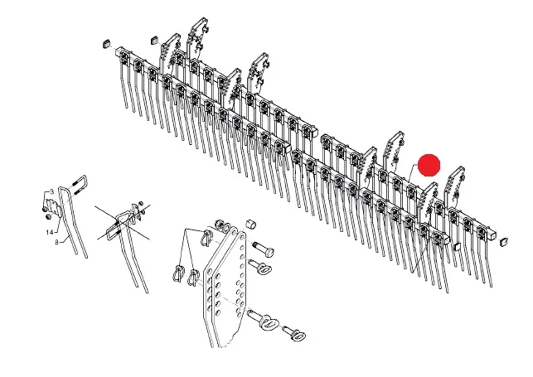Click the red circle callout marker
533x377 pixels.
[429, 165]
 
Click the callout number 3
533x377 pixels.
[52, 192]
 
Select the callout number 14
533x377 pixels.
[50, 232]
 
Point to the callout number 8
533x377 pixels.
[56, 242]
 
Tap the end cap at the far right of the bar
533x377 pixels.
[504, 241]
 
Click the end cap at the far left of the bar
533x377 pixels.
[106, 44]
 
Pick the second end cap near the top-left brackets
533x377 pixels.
[155, 40]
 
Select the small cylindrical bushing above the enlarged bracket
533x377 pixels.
[251, 224]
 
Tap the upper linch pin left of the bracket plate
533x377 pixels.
[207, 236]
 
